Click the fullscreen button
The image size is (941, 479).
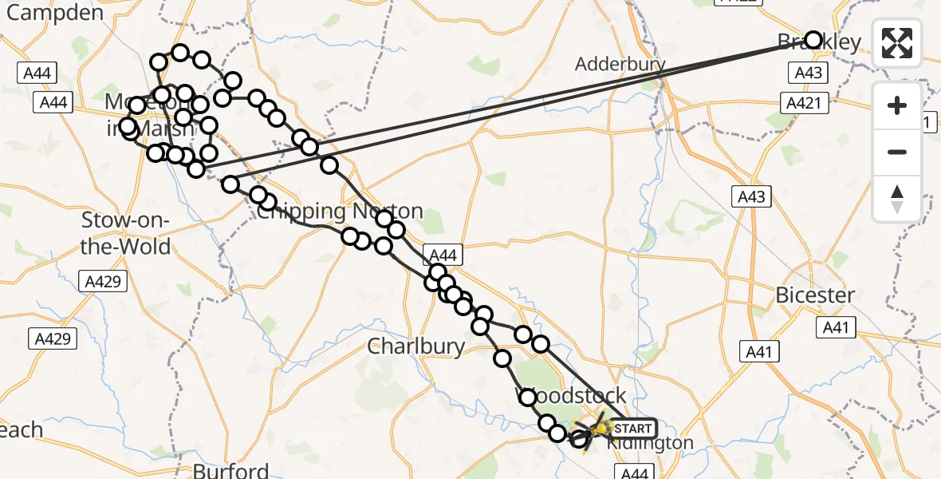point(897,43)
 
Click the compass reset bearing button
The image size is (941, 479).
point(897,199)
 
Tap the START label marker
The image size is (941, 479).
point(633,429)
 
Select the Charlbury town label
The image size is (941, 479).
point(416,346)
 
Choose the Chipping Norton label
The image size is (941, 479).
point(339,212)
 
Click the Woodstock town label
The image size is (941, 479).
point(574,397)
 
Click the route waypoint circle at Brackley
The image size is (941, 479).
point(813,40)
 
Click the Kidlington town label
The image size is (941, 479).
point(650,443)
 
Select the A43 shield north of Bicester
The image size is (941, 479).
point(751,197)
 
